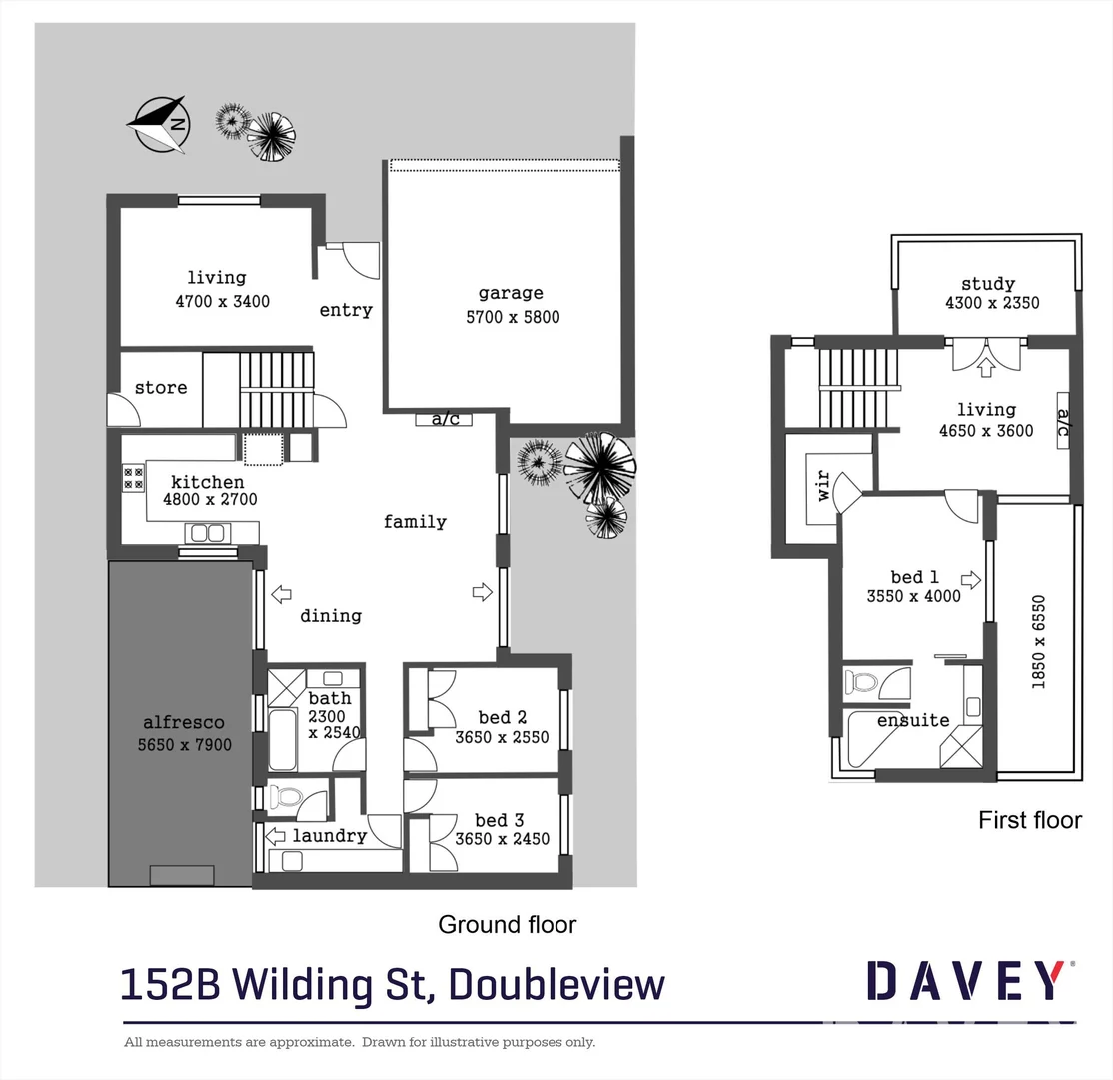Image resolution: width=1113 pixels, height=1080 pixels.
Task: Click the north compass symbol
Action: tap(158, 124)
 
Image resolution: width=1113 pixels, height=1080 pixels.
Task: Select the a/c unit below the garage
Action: tap(445, 419)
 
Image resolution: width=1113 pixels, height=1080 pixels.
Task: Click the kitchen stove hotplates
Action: tap(133, 478)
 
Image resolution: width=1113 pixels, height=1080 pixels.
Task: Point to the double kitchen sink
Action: tap(207, 533)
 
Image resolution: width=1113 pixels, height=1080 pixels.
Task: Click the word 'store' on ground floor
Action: tap(161, 387)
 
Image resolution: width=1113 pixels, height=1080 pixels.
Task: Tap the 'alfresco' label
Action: tap(183, 722)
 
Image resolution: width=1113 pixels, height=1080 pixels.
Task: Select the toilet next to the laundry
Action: tap(288, 798)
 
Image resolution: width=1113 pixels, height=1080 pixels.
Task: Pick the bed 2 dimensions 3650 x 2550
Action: tap(502, 738)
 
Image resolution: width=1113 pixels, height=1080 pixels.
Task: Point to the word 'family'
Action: tap(415, 521)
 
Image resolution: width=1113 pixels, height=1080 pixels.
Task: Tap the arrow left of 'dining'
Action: tap(281, 594)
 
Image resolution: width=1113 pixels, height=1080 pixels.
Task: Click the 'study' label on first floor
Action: tap(988, 284)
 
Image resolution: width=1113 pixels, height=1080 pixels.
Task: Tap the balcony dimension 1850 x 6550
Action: tap(1038, 641)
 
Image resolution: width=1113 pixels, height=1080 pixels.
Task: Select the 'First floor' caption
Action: tap(1029, 820)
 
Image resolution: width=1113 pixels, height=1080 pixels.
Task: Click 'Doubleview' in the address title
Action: tap(556, 984)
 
